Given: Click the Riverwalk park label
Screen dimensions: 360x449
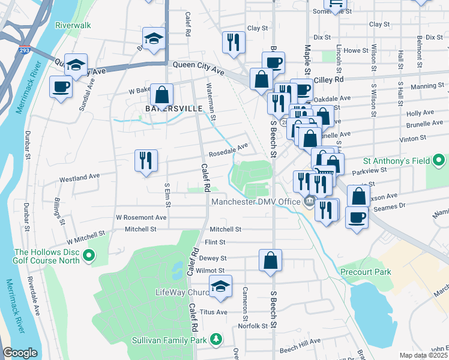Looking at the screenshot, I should pyautogui.click(x=72, y=26).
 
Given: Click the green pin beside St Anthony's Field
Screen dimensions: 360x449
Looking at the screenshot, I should pyautogui.click(x=439, y=160).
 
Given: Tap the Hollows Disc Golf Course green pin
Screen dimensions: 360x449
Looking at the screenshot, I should pyautogui.click(x=89, y=256).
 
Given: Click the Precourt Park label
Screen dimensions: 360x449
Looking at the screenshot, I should pyautogui.click(x=365, y=272).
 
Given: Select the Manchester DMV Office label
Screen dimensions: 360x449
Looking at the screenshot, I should pyautogui.click(x=255, y=201).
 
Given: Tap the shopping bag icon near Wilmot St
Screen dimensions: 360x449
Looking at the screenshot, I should pyautogui.click(x=271, y=260).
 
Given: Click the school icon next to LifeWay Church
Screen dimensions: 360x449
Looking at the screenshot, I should pyautogui.click(x=220, y=286).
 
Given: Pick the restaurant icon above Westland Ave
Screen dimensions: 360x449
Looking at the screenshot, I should pyautogui.click(x=146, y=160).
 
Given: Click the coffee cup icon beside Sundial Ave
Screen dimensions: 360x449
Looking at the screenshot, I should pyautogui.click(x=61, y=87).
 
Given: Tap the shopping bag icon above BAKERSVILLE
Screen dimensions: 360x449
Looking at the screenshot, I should pyautogui.click(x=162, y=94).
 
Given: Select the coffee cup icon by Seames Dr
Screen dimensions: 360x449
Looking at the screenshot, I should pyautogui.click(x=358, y=217).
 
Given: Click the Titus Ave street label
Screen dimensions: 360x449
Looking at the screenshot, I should pyautogui.click(x=214, y=312).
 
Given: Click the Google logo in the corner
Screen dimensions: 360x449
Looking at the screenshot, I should pyautogui.click(x=20, y=353).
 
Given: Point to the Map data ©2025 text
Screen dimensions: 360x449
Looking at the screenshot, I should pyautogui.click(x=423, y=355).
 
